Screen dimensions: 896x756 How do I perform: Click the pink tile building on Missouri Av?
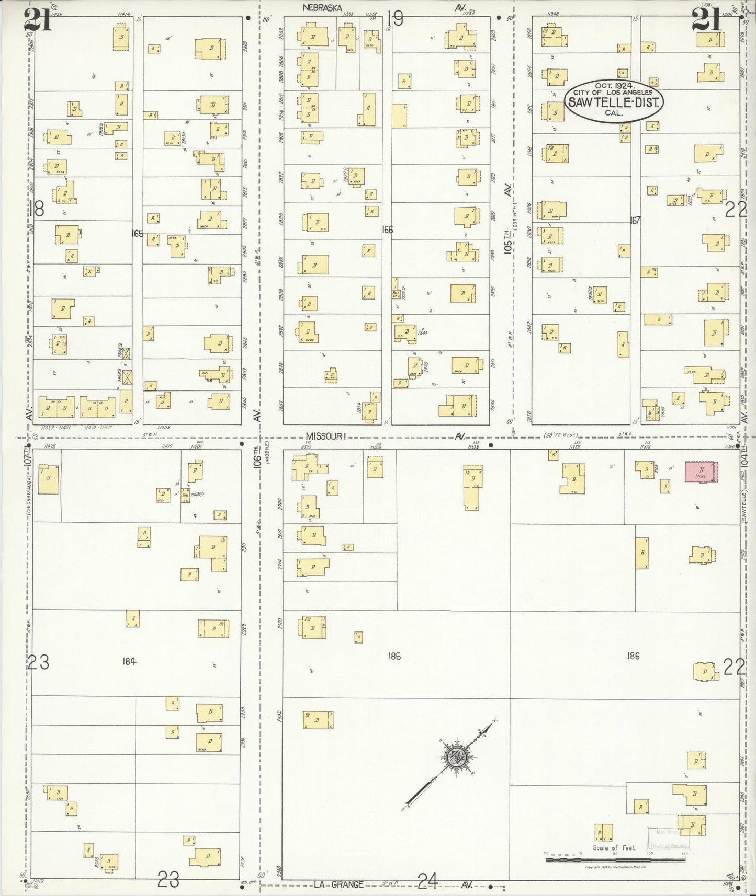coord(701,472)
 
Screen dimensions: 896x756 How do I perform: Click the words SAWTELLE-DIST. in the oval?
coord(613,102)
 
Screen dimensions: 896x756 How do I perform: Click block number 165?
coord(137,234)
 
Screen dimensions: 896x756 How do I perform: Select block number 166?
coord(387,229)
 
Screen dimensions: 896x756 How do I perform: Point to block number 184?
coord(129,661)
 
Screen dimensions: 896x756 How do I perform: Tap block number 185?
coord(394,656)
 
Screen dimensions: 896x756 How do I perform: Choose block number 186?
coord(633,656)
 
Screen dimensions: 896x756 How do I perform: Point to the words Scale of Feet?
coord(614,848)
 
